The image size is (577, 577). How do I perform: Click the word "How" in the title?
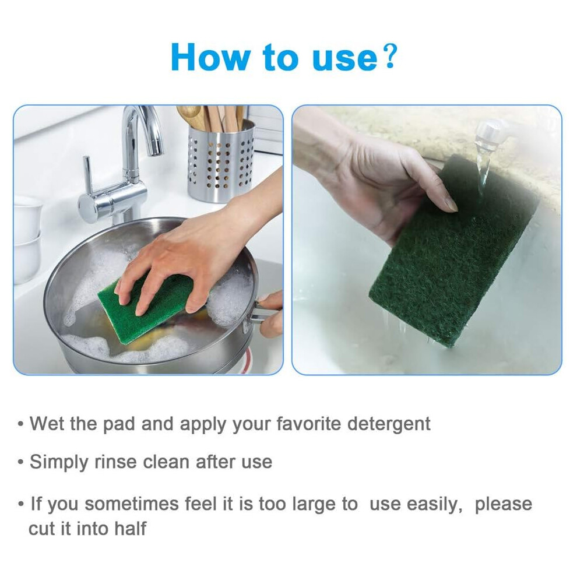click(210, 57)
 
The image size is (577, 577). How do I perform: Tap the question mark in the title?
click(389, 57)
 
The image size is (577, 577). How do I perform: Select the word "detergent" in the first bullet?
click(389, 424)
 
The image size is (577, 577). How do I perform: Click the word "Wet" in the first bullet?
click(47, 423)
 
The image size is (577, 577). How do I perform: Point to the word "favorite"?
click(309, 423)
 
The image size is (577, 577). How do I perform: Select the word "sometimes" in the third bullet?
click(132, 504)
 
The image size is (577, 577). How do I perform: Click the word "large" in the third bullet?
click(325, 505)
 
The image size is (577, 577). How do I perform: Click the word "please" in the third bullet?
click(504, 505)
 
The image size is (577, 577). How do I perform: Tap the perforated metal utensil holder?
click(220, 162)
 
